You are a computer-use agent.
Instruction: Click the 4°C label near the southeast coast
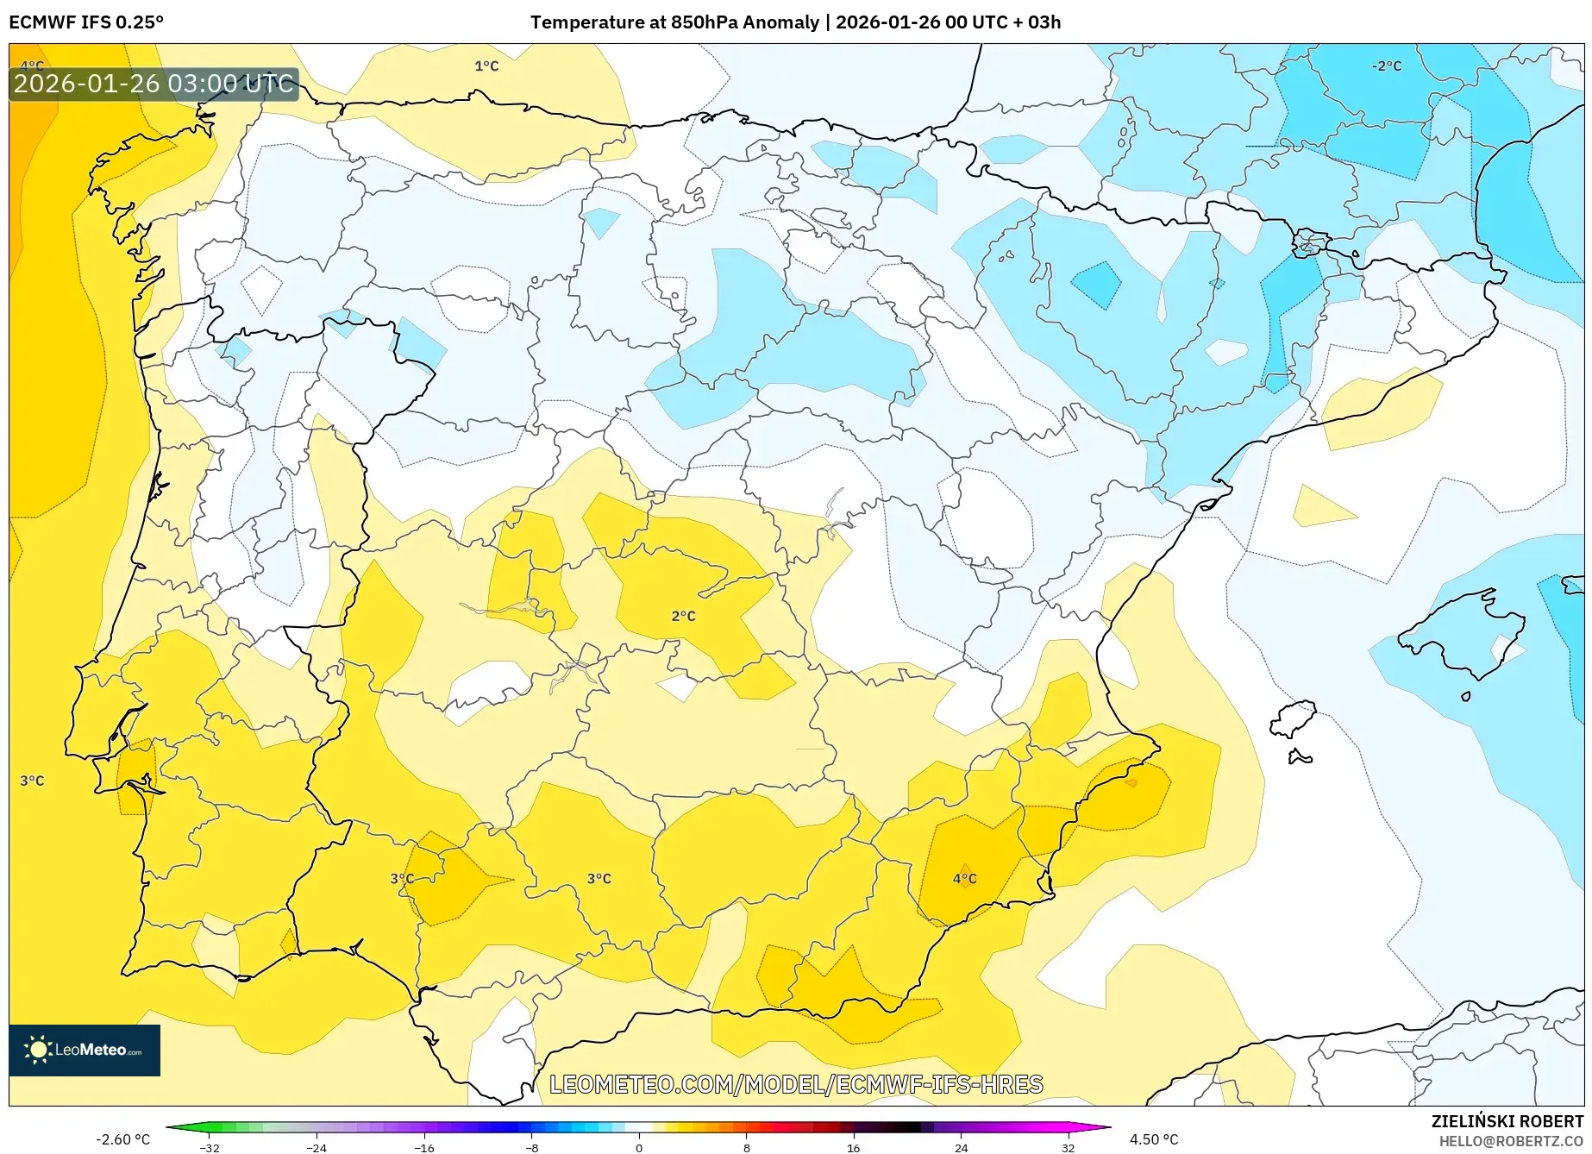[x=964, y=879]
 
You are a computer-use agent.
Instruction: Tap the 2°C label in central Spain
[x=683, y=616]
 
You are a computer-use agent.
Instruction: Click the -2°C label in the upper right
[x=1387, y=66]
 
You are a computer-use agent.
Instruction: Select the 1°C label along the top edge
[x=486, y=66]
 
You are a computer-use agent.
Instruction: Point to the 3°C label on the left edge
[x=32, y=781]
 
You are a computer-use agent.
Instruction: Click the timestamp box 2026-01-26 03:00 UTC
[x=154, y=84]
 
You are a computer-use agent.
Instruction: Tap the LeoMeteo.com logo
[x=85, y=1050]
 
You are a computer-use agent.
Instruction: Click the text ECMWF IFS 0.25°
[x=86, y=22]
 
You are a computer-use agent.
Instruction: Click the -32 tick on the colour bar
[x=210, y=1147]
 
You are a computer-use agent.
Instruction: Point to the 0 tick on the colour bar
[x=639, y=1147]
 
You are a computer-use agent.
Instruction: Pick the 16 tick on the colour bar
[x=853, y=1147]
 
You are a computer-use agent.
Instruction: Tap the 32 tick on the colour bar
[x=1068, y=1147]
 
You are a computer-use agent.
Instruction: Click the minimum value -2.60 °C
[x=122, y=1139]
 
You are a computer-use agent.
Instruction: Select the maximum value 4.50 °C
[x=1153, y=1139]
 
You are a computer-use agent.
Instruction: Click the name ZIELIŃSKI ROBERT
[x=1507, y=1121]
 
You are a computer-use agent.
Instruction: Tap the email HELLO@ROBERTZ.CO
[x=1510, y=1141]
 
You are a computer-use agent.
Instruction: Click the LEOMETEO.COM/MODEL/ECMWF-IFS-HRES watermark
[x=796, y=1084]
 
